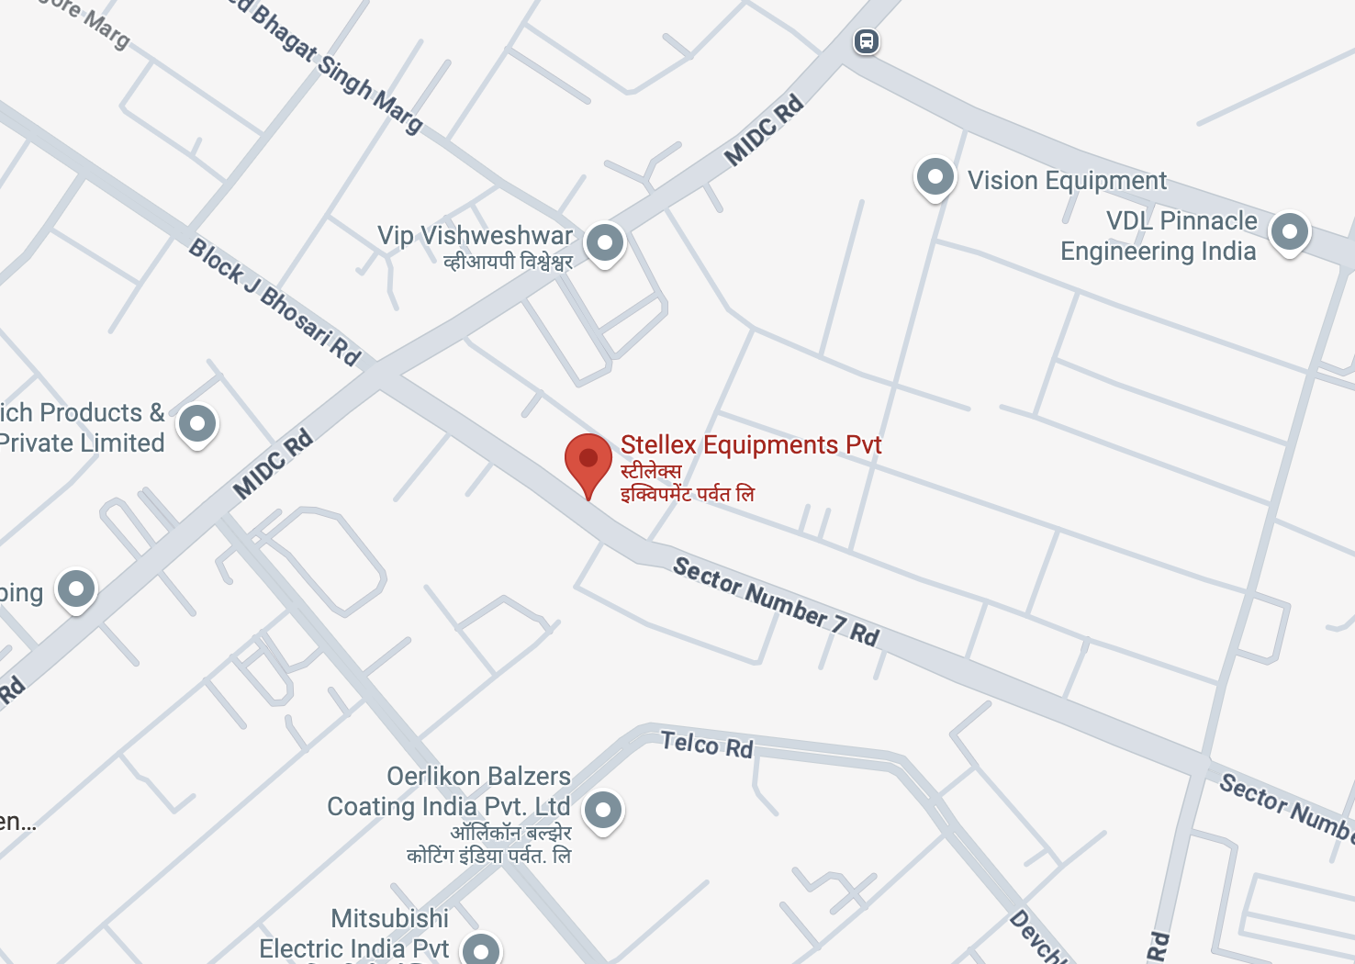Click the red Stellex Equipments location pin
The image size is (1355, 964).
point(588,459)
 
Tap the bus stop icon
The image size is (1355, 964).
point(867,41)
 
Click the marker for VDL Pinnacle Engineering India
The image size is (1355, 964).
point(1289,231)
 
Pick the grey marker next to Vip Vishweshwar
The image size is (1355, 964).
point(605,243)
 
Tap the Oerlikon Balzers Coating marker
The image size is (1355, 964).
point(603,810)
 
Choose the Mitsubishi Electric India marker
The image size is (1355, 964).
point(480,950)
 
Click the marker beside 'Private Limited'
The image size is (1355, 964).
point(197,424)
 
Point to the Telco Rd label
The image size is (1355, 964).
point(707,744)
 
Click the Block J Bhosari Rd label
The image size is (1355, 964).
point(274,301)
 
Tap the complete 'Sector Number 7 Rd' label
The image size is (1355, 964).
point(777,601)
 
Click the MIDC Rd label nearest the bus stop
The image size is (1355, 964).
point(764,130)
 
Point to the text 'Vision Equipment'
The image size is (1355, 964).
point(1067,180)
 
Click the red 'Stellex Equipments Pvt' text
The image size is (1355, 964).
point(751,444)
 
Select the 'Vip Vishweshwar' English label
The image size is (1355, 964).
point(475,236)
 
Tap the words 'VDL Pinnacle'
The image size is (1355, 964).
point(1181,220)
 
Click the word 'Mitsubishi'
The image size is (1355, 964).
point(390,918)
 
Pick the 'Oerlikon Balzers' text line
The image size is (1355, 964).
point(478,776)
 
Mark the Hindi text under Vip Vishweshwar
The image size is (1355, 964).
point(508,263)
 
